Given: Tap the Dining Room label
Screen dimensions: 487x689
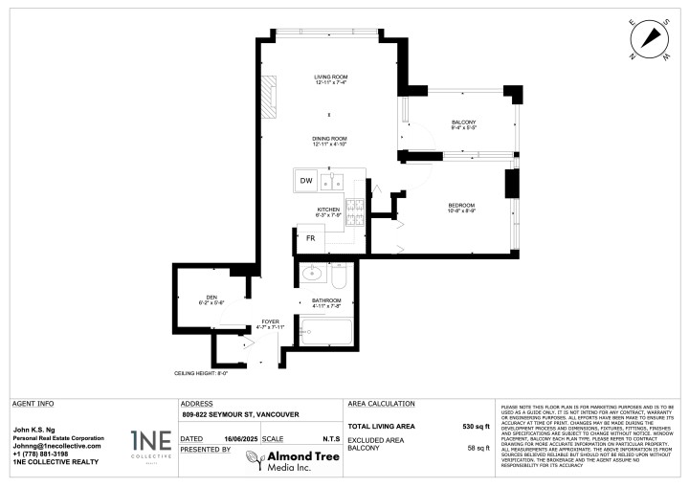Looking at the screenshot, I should (328, 141).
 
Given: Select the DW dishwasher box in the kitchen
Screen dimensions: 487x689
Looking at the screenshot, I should (306, 181).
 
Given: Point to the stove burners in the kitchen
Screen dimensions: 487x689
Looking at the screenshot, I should (353, 210).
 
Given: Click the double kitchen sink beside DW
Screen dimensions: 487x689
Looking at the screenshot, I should (332, 180).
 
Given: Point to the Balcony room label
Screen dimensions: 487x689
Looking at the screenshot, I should (463, 123).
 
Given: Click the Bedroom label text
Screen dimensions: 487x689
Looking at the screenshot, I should (461, 207).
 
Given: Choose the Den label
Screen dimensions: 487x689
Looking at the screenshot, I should (211, 299).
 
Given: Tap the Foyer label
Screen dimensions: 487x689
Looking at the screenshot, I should (271, 324).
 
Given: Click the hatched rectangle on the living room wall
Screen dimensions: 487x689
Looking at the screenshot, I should (271, 95).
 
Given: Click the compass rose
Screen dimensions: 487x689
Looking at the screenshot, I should (649, 39).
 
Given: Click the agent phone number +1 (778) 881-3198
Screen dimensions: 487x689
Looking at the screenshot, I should (41, 454).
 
